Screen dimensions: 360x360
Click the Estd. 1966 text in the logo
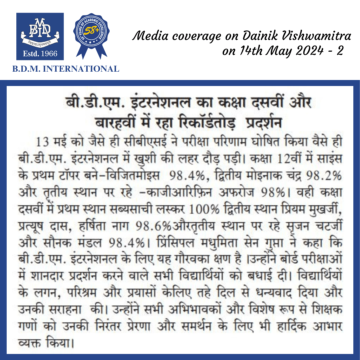[40, 53]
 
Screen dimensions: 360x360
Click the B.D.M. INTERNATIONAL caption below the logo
[65, 69]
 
